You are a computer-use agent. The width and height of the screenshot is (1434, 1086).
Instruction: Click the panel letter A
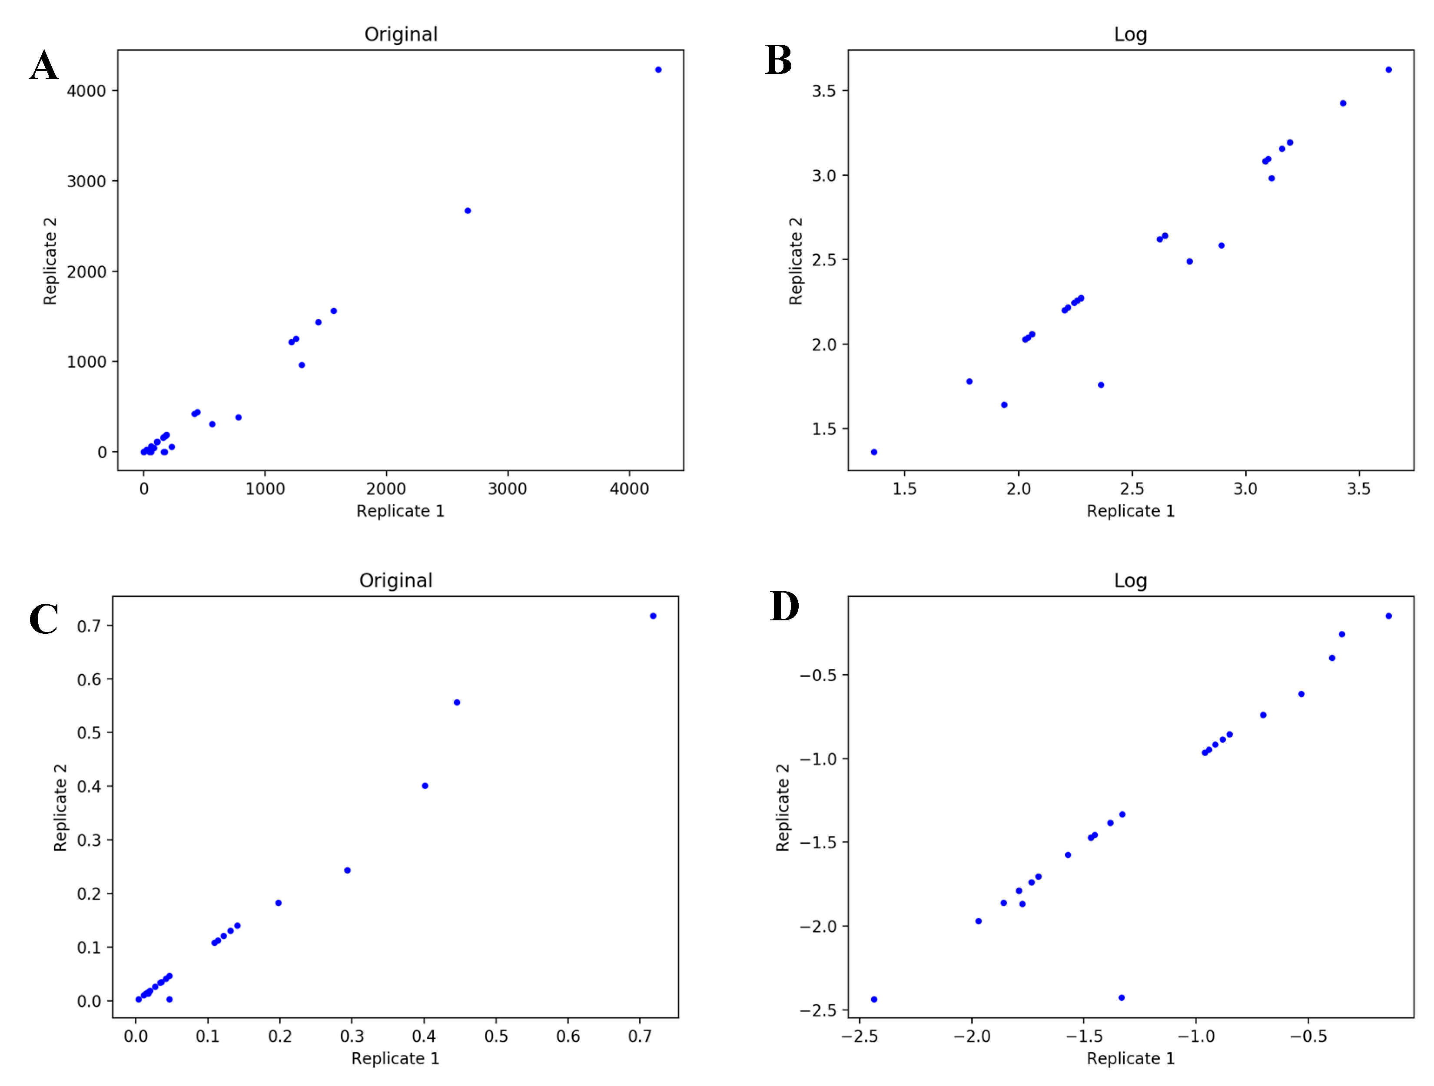pyautogui.click(x=44, y=66)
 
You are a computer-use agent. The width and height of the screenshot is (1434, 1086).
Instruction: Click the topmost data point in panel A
pyautogui.click(x=658, y=70)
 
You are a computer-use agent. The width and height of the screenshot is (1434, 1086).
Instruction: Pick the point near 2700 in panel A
pyautogui.click(x=468, y=211)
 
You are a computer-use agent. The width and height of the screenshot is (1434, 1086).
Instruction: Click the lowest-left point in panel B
pyautogui.click(x=874, y=452)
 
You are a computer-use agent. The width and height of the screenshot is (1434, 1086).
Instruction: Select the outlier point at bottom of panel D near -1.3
pyautogui.click(x=1122, y=997)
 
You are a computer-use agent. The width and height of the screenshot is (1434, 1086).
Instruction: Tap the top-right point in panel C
pyautogui.click(x=653, y=616)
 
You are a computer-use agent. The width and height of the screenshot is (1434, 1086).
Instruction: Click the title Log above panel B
pyautogui.click(x=1130, y=34)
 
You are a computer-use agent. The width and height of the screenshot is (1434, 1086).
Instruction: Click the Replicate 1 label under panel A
pyautogui.click(x=400, y=511)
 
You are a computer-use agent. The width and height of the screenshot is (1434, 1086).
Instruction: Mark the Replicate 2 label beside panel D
pyautogui.click(x=783, y=808)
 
